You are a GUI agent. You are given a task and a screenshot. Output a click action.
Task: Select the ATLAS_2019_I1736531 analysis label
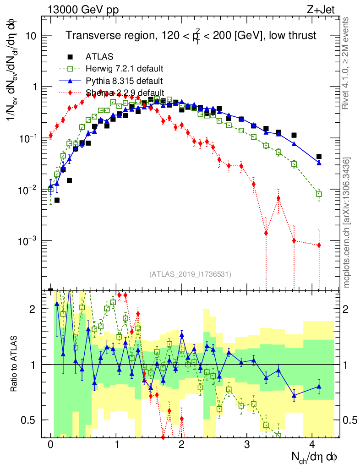point(190,274)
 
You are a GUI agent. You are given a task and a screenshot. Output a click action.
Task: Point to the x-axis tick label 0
point(50,444)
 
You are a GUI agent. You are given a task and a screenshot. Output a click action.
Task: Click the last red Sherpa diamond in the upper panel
point(319,245)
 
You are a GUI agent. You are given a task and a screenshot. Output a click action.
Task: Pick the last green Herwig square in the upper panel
point(319,194)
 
